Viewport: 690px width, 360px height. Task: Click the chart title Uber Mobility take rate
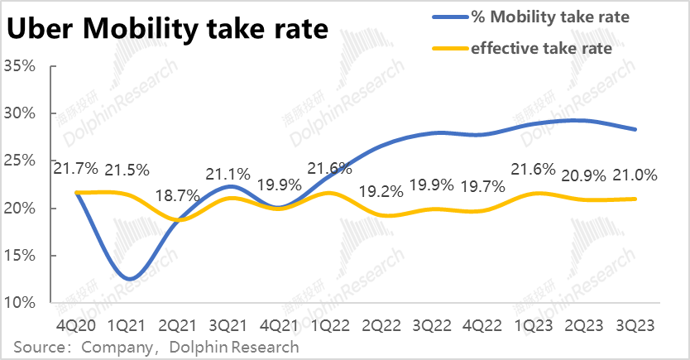pos(166,31)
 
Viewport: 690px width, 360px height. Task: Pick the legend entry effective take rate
pos(541,49)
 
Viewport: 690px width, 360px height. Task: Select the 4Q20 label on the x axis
pos(77,326)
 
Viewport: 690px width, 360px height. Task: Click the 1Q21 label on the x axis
pos(129,326)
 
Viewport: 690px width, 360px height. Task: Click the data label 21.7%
pos(76,170)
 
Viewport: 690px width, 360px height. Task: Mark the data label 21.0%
pos(635,175)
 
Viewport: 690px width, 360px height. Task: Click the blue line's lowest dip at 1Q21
pos(129,279)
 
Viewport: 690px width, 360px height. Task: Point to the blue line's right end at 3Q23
pos(635,129)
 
